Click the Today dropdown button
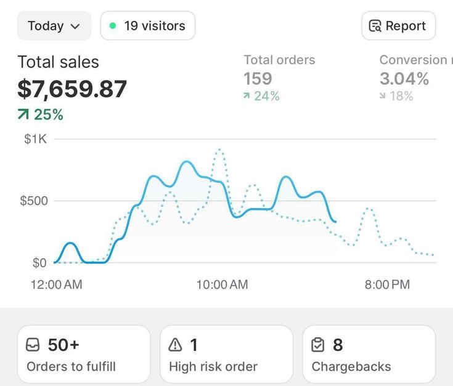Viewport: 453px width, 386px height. [54, 26]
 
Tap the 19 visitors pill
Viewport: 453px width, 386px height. [148, 26]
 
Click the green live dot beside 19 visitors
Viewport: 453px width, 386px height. [112, 26]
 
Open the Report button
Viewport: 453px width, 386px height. [398, 26]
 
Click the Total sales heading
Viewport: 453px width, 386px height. [58, 62]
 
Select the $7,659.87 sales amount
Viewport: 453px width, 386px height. [72, 89]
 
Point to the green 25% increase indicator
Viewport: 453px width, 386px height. [41, 115]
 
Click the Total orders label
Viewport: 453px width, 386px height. [279, 60]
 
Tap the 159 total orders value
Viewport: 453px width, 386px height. [258, 78]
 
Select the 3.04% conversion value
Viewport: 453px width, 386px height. [404, 78]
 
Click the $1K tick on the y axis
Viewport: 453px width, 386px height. [35, 139]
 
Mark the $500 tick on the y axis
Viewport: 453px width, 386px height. [33, 201]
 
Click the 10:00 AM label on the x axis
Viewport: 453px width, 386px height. [222, 284]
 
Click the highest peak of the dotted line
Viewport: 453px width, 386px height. [219, 149]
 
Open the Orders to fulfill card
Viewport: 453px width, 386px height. [84, 355]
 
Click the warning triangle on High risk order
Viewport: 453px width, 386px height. [176, 345]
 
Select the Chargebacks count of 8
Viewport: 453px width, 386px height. [338, 345]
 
